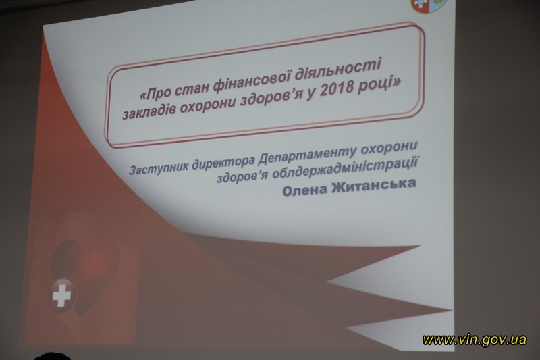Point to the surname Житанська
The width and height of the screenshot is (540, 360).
373,185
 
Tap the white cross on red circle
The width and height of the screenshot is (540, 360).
61,294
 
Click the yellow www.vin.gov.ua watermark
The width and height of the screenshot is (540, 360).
475,340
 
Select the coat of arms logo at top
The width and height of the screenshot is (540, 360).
429,5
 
